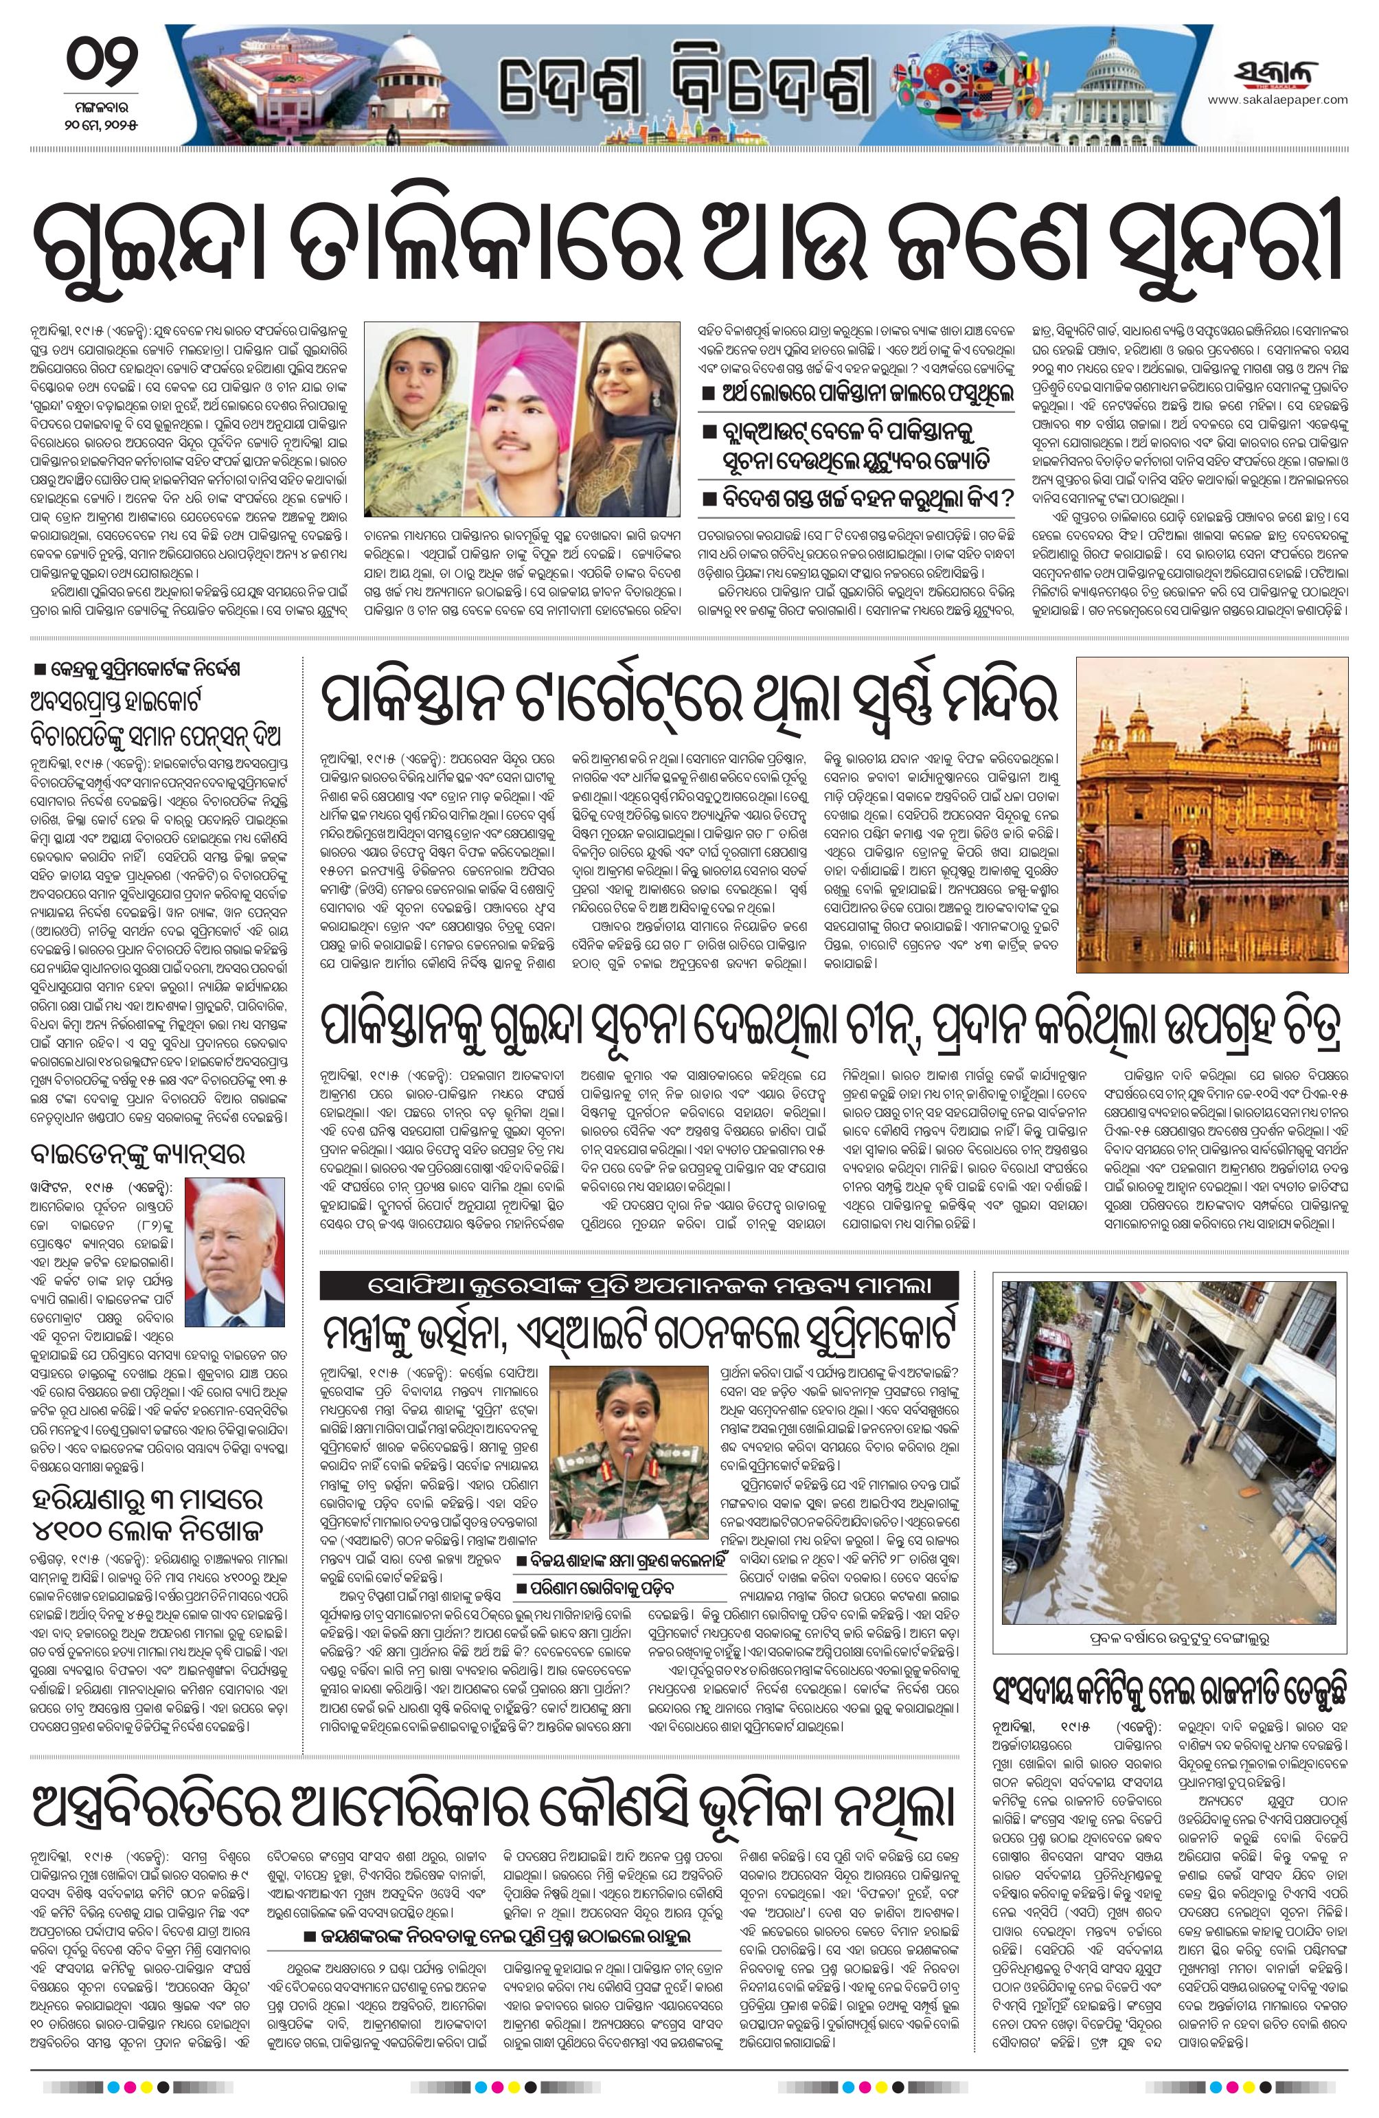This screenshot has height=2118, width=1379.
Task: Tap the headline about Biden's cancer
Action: click(138, 1153)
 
